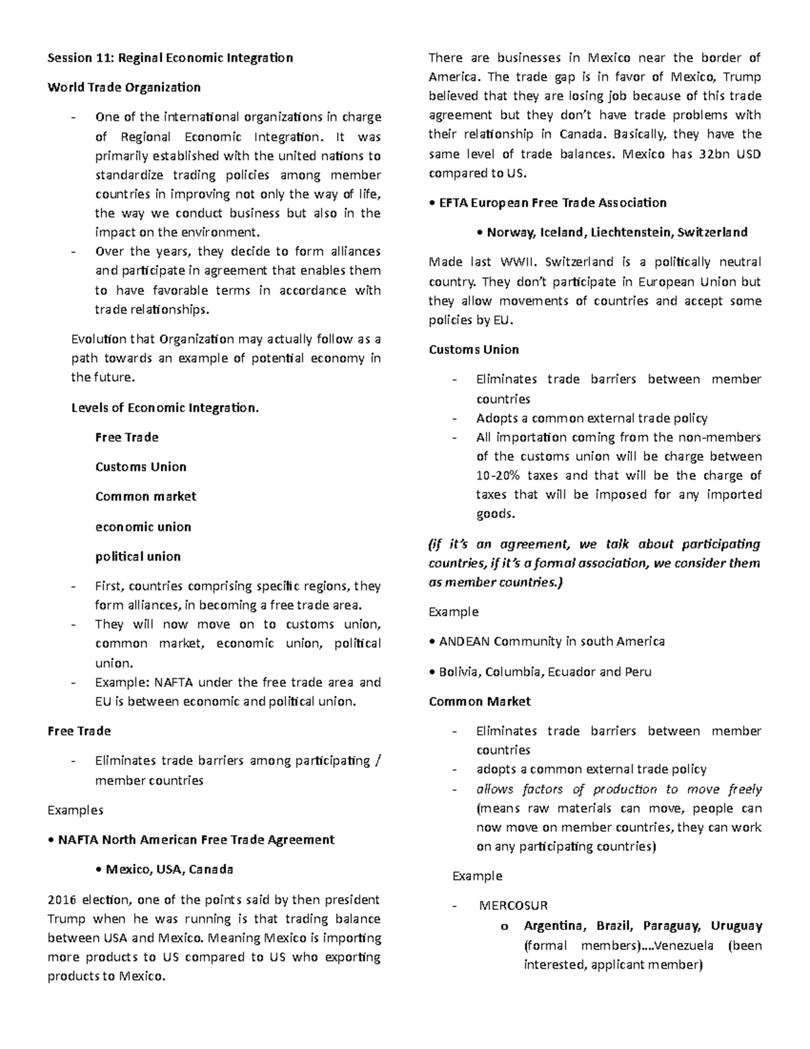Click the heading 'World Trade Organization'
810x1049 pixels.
tap(124, 87)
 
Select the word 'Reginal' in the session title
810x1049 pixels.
tap(140, 57)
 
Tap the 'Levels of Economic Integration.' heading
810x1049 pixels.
tap(165, 407)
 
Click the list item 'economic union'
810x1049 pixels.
tap(143, 527)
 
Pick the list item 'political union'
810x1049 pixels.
tap(138, 557)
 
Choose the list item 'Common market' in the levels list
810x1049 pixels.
tap(146, 496)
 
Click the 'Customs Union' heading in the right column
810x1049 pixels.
tap(474, 349)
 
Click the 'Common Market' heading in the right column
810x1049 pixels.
tap(480, 701)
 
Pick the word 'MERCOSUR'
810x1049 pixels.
tap(513, 906)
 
